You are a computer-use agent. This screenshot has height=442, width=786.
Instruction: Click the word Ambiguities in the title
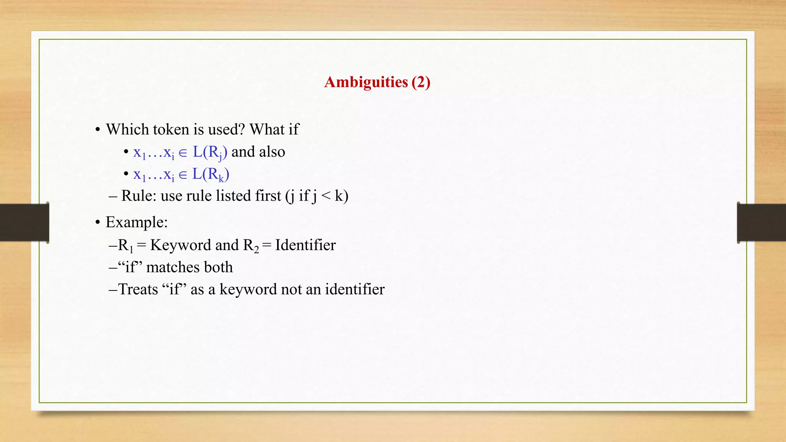pyautogui.click(x=366, y=82)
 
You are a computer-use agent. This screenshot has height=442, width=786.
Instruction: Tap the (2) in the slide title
pyautogui.click(x=421, y=82)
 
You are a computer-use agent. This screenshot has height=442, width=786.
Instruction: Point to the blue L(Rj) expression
pyautogui.click(x=210, y=153)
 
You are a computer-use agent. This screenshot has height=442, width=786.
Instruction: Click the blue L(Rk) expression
pyautogui.click(x=210, y=175)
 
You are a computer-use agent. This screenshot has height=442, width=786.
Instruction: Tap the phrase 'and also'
pyautogui.click(x=258, y=152)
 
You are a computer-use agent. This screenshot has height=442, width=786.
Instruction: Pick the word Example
pyautogui.click(x=135, y=223)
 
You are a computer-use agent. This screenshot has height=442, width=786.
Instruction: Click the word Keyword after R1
pyautogui.click(x=180, y=245)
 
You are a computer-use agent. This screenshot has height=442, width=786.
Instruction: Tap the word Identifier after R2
pyautogui.click(x=305, y=245)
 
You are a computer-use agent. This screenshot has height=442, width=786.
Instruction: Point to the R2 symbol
pyautogui.click(x=251, y=246)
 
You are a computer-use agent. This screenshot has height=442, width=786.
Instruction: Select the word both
pyautogui.click(x=218, y=267)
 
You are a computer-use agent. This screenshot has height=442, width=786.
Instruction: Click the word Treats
pyautogui.click(x=138, y=290)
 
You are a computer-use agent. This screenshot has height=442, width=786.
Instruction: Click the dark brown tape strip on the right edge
pyautogui.click(x=761, y=223)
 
